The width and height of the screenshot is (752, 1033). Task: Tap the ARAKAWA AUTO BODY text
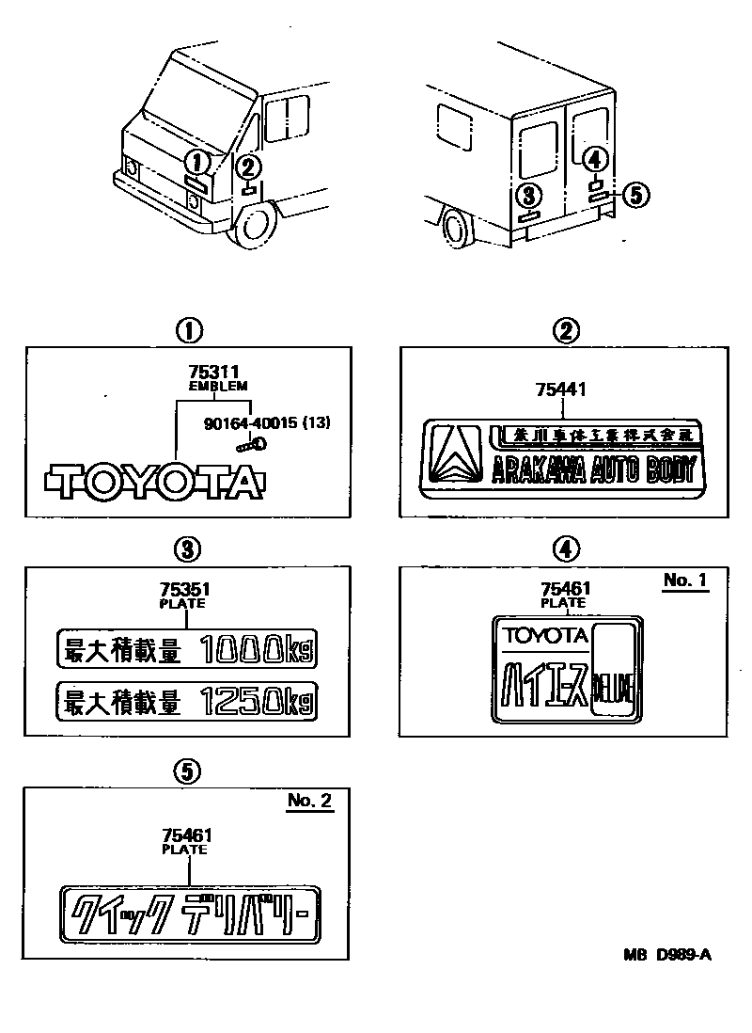click(594, 468)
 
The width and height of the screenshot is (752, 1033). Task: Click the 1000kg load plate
click(187, 649)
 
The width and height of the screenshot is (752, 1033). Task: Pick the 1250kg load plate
click(187, 701)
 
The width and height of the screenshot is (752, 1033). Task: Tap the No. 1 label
click(683, 580)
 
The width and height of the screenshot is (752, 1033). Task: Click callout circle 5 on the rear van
click(635, 195)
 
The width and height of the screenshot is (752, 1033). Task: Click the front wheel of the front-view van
click(254, 226)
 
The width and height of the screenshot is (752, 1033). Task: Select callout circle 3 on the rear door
click(529, 195)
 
